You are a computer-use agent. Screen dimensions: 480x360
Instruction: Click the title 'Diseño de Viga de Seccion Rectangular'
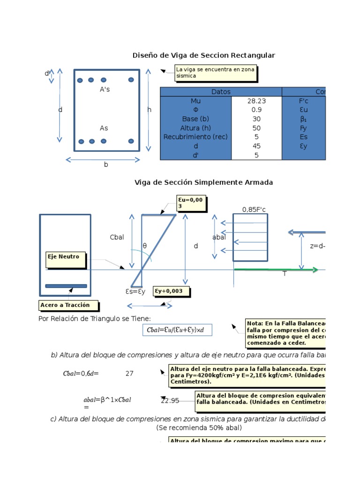click(x=204, y=55)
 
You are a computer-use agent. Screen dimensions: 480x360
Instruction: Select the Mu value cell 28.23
click(x=256, y=101)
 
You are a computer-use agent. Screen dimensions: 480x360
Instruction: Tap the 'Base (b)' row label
click(x=195, y=119)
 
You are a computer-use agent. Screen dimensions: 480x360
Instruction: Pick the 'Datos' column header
click(x=221, y=92)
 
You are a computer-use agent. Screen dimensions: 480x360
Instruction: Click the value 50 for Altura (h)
click(x=256, y=128)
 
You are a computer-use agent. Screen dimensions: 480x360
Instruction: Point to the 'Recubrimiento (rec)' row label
click(x=195, y=137)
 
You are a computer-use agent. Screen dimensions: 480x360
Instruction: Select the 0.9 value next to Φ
click(x=256, y=110)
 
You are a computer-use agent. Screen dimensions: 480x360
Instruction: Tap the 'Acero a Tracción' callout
click(x=69, y=305)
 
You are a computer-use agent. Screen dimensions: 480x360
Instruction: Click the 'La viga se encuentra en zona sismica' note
click(x=216, y=72)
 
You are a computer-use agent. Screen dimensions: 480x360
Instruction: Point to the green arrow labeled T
click(x=276, y=270)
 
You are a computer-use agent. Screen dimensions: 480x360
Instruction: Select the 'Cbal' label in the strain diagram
click(x=117, y=237)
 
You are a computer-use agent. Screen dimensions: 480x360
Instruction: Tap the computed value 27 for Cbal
click(x=129, y=374)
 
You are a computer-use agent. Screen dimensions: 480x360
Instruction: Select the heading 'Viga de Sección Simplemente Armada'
click(x=203, y=182)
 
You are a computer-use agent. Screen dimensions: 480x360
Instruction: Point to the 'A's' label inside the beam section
click(x=105, y=89)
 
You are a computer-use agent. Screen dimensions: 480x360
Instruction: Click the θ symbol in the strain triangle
click(x=144, y=245)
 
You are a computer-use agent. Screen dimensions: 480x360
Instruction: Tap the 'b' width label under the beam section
click(x=106, y=165)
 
